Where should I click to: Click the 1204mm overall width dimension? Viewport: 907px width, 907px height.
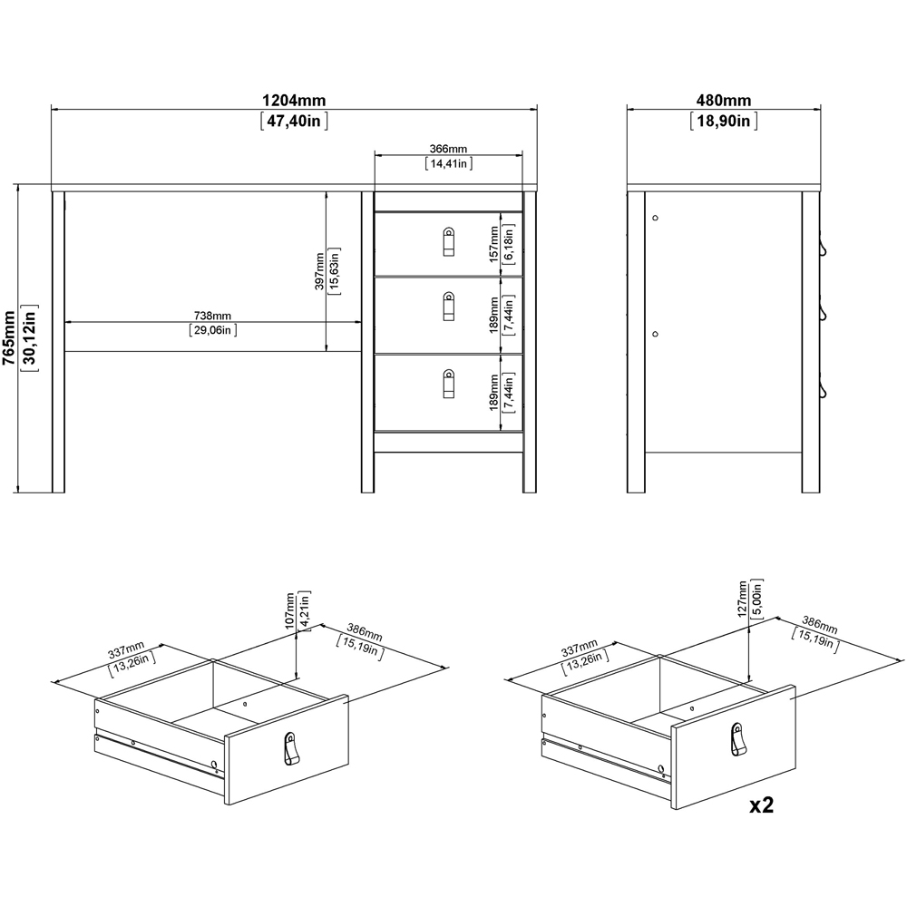click(x=294, y=100)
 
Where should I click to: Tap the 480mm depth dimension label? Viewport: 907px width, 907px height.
click(x=723, y=100)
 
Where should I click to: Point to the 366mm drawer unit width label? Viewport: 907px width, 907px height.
click(x=448, y=149)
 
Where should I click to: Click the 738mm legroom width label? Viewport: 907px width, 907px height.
click(x=214, y=315)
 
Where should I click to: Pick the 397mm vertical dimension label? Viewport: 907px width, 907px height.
click(x=320, y=271)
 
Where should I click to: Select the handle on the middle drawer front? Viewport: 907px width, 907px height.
click(x=448, y=306)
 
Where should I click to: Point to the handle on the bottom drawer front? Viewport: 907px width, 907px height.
click(x=448, y=383)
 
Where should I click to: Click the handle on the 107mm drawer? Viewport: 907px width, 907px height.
click(x=289, y=748)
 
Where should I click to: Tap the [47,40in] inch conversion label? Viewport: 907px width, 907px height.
click(x=294, y=121)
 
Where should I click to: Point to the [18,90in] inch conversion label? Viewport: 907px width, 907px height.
click(x=723, y=121)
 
